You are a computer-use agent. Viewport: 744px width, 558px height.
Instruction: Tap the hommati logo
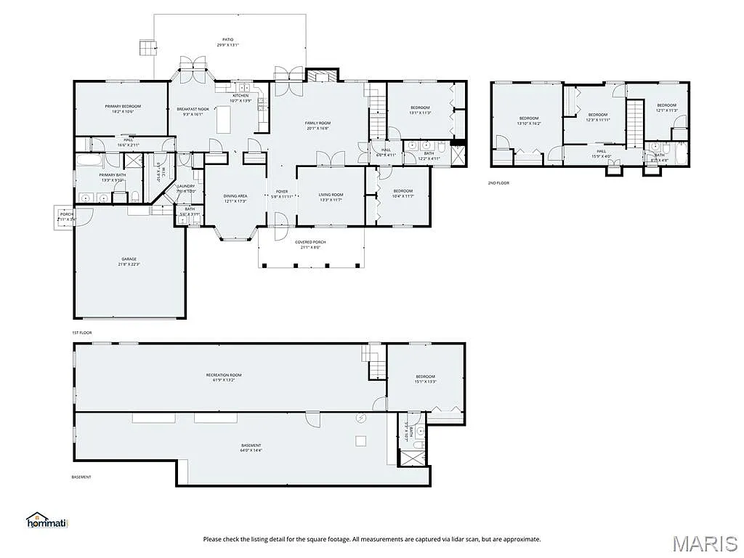[x=46, y=520]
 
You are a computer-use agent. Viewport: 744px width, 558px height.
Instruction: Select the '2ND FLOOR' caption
[x=498, y=183]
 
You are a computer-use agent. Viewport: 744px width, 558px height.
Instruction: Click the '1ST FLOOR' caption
[x=81, y=332]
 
